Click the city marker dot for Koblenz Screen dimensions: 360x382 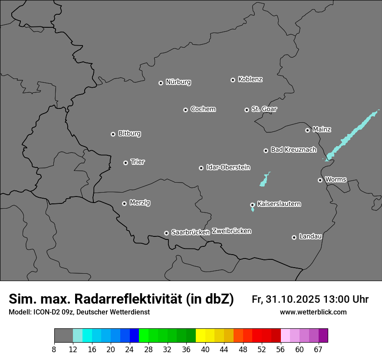coord(233,80)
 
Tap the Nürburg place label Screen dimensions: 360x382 coord(178,82)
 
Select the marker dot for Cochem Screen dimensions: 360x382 coord(185,110)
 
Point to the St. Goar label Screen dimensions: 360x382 coord(264,109)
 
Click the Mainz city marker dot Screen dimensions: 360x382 coord(307,130)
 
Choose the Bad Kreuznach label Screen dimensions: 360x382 coord(293,150)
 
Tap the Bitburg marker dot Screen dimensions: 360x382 coord(113,134)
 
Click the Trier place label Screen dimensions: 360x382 coord(138,162)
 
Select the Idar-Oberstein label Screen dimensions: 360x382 coord(228,167)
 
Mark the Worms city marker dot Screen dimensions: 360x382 coord(320,180)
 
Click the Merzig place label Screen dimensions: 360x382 coord(140,203)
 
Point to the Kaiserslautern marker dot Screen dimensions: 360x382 coord(252,205)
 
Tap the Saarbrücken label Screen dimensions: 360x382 coord(191,232)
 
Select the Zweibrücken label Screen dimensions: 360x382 coord(231,231)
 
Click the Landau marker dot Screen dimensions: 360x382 coord(294,237)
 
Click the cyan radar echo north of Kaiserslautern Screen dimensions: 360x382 coord(264,180)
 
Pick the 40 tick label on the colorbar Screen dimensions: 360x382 coord(205,350)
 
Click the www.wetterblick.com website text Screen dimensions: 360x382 coord(313,312)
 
